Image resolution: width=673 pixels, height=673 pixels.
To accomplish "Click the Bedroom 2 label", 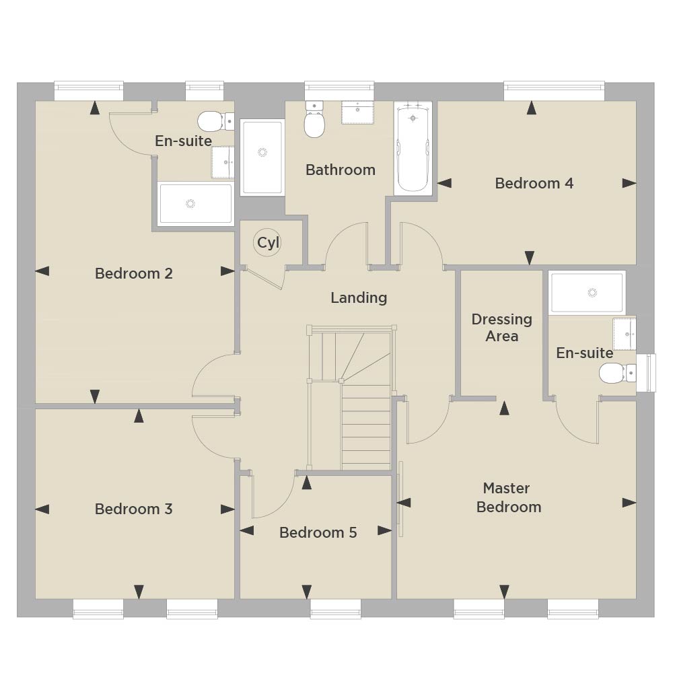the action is pyautogui.click(x=133, y=273).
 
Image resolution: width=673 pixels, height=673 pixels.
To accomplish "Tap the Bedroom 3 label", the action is pyautogui.click(x=133, y=509).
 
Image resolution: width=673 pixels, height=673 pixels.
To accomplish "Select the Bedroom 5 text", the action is pyautogui.click(x=318, y=532).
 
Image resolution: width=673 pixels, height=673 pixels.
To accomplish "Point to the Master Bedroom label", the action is pyautogui.click(x=509, y=497).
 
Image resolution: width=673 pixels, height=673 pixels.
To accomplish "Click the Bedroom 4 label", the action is pyautogui.click(x=534, y=183).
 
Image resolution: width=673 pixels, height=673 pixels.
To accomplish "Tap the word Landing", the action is pyautogui.click(x=359, y=298).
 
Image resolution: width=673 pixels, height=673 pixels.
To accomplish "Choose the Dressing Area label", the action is pyautogui.click(x=502, y=328).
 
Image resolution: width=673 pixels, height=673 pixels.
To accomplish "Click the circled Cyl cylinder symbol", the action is pyautogui.click(x=267, y=242).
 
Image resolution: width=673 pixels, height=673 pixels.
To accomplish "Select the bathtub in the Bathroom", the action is pyautogui.click(x=413, y=148).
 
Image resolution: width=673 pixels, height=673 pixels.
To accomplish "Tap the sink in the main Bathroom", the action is pyautogui.click(x=357, y=112).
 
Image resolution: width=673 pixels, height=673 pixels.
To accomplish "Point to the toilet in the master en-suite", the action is pyautogui.click(x=617, y=373).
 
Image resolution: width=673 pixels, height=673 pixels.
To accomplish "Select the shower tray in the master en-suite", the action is pyautogui.click(x=587, y=292).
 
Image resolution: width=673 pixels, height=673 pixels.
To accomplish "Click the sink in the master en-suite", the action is pyautogui.click(x=624, y=334).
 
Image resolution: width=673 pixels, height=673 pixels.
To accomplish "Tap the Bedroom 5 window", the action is pyautogui.click(x=336, y=608).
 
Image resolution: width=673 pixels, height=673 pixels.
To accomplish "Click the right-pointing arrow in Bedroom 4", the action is pyautogui.click(x=629, y=183).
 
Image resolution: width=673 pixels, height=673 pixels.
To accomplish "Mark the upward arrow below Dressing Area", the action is pyautogui.click(x=504, y=409).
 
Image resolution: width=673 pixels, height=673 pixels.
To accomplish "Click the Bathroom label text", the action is pyautogui.click(x=341, y=170).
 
